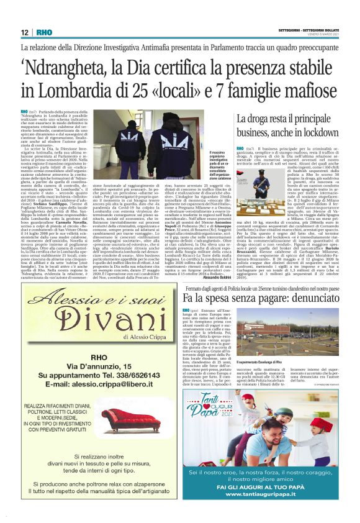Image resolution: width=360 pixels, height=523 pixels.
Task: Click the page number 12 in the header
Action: [x=24, y=32]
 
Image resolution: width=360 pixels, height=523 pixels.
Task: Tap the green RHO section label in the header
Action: [x=44, y=32]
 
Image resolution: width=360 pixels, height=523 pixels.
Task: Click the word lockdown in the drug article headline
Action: [x=318, y=132]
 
